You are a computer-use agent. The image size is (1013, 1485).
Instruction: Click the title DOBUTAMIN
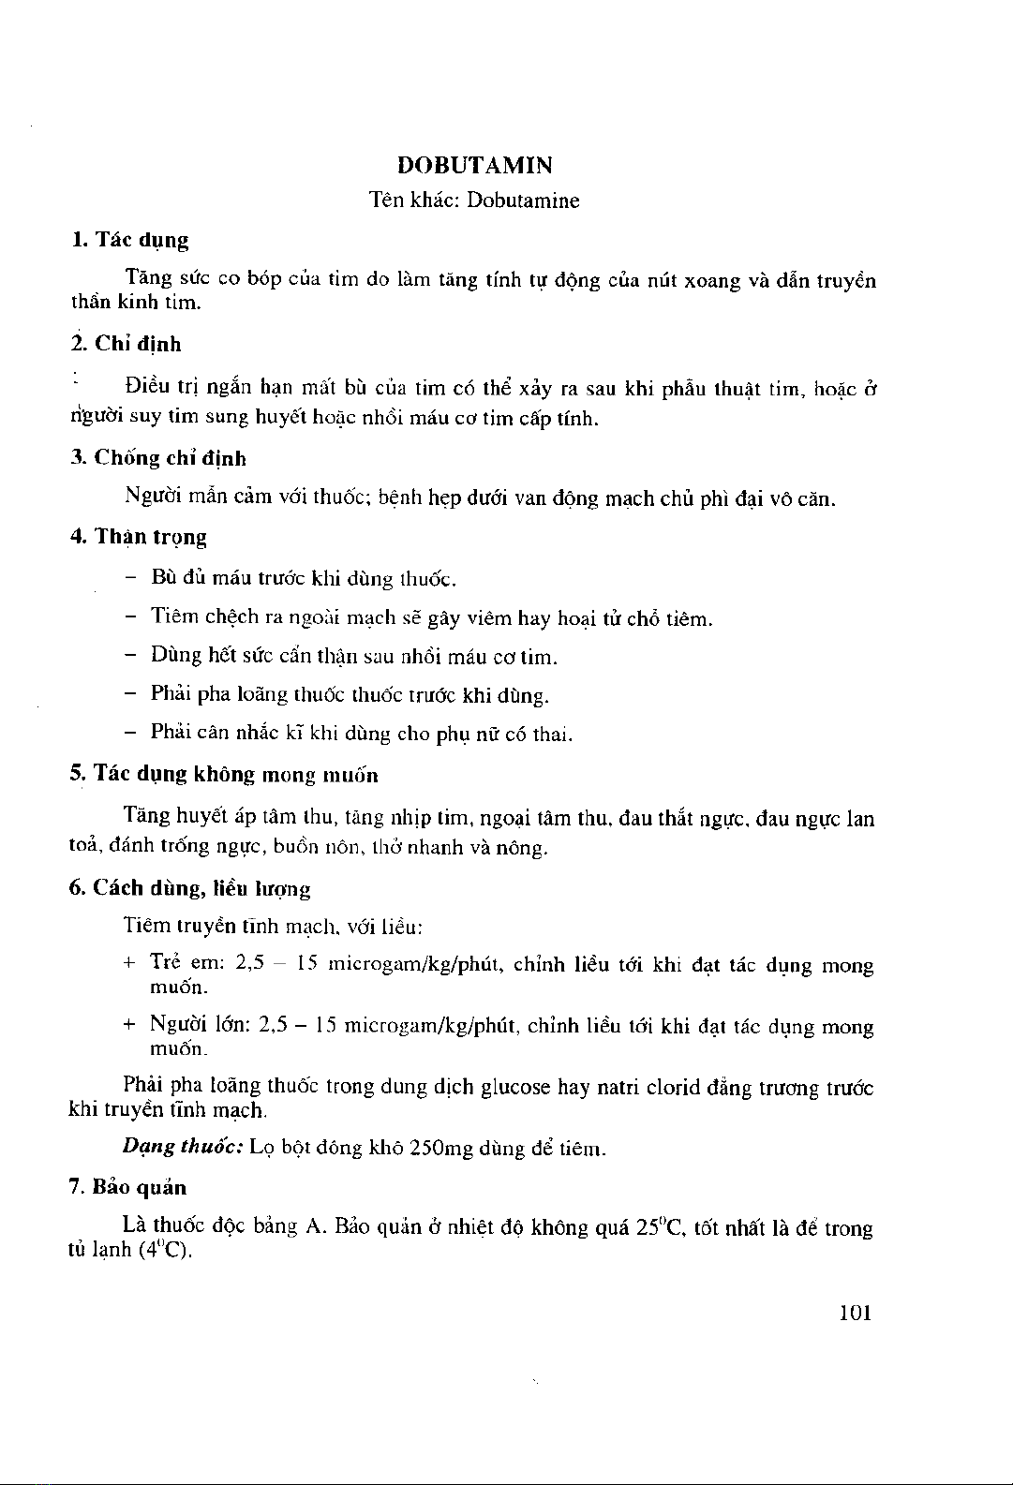coord(475,166)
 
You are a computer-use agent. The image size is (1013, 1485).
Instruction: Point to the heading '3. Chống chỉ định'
coord(158,459)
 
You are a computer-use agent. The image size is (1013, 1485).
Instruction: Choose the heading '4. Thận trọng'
coord(139,538)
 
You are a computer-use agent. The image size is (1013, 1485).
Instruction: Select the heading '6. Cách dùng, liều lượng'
coord(190,888)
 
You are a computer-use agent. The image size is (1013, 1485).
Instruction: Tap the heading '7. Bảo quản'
coord(128,1188)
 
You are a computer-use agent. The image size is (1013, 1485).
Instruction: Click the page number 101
coord(856,1313)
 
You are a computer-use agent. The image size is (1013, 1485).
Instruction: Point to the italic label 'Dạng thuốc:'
coord(184,1148)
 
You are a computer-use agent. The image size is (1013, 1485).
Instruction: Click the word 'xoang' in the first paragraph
coord(713,281)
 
